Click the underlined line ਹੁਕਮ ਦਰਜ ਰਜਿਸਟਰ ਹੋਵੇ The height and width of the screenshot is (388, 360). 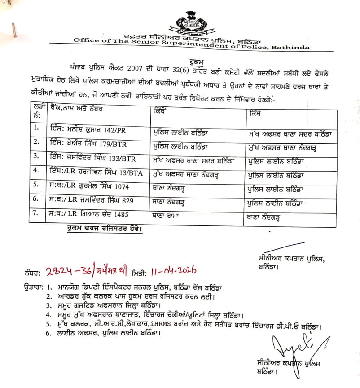(103, 229)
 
